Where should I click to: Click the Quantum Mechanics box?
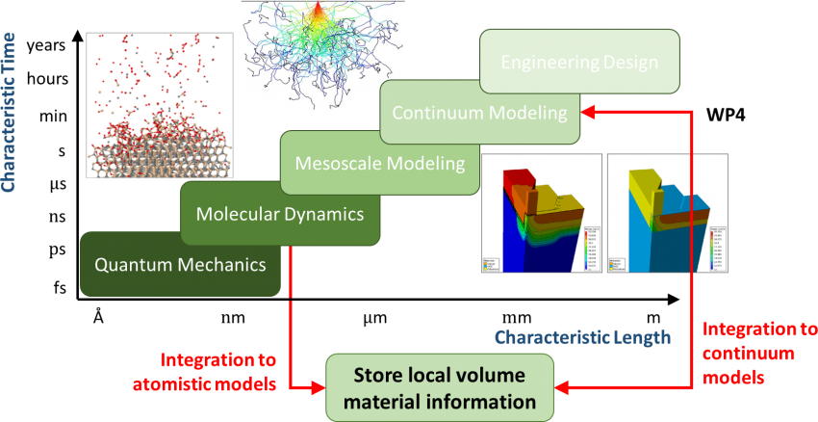180,263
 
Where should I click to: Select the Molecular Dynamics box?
280,213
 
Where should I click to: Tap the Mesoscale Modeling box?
380,163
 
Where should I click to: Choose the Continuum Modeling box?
480,113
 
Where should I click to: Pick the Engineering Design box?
579,64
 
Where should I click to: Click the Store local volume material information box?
441,387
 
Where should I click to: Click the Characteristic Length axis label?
582,337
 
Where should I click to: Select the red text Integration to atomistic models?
218,371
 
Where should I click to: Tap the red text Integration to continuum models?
759,353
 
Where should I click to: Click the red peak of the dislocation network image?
317,11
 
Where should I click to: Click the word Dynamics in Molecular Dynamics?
321,213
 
